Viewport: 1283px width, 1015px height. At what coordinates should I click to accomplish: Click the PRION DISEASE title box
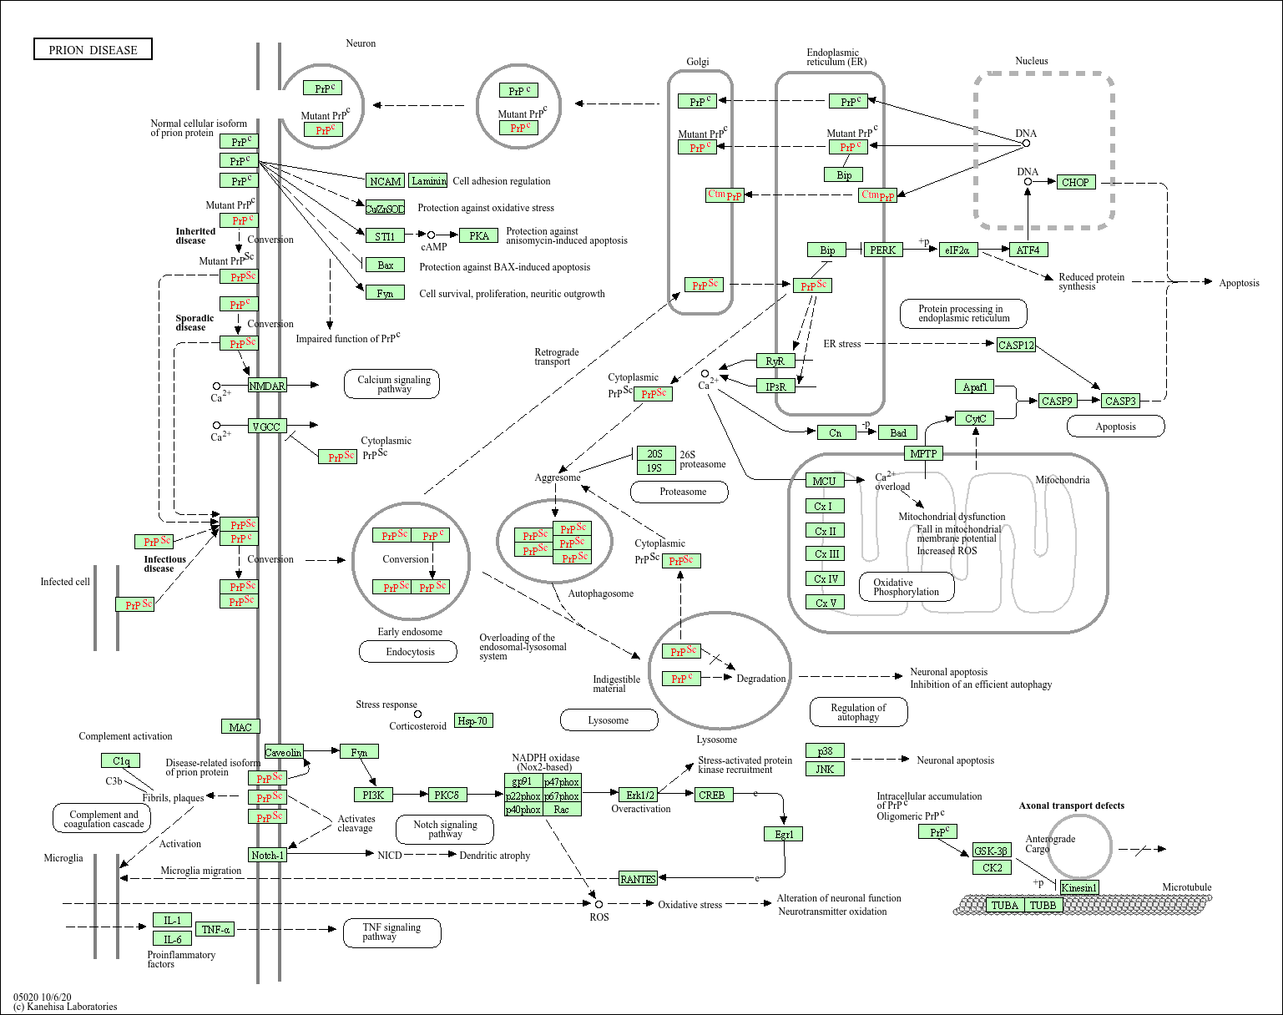tap(93, 50)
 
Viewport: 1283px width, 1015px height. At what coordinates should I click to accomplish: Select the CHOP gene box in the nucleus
tap(1074, 182)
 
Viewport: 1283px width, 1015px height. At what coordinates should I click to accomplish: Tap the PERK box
tap(882, 250)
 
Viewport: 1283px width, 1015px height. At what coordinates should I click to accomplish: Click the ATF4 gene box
tap(1028, 250)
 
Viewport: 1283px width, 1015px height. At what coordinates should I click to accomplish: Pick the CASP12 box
tap(1016, 345)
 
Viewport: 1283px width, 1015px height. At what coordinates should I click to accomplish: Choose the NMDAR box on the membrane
tap(267, 386)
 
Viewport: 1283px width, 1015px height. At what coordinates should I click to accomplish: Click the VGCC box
tap(267, 427)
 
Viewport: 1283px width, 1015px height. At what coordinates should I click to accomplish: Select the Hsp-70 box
tap(472, 720)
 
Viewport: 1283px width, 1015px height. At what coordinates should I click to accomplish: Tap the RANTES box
tap(638, 879)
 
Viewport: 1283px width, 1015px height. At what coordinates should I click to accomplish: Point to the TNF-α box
tap(215, 929)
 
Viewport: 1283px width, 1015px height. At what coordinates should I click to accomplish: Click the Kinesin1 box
tap(1079, 887)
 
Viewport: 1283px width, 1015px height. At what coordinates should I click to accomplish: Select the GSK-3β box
tap(991, 851)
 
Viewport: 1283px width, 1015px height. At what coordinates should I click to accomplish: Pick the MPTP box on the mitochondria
tap(923, 453)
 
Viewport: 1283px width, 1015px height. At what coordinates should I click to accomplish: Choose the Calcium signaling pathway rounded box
tap(393, 384)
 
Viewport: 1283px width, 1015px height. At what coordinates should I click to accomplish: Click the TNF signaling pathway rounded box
tap(391, 932)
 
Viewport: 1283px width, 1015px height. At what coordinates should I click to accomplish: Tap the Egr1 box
tap(784, 834)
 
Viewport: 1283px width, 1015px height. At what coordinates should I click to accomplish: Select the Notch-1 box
tap(267, 855)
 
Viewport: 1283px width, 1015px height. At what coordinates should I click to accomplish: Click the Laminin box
tap(428, 180)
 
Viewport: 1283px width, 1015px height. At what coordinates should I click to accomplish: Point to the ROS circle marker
tap(599, 904)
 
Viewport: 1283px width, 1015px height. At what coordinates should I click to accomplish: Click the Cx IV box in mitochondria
tap(826, 578)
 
